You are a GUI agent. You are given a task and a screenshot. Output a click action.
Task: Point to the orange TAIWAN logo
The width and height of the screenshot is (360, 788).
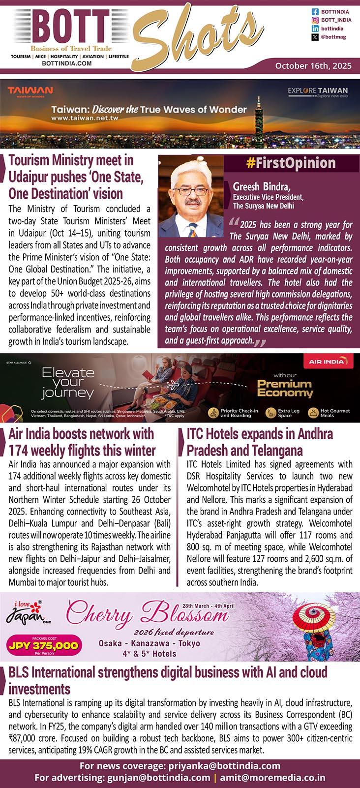(30, 91)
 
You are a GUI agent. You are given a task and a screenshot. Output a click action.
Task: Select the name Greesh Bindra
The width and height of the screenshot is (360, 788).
(262, 186)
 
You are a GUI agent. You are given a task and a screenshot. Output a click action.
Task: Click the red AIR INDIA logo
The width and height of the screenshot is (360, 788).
(326, 362)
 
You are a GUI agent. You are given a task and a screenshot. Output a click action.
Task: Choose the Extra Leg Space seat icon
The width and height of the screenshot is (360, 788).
(270, 413)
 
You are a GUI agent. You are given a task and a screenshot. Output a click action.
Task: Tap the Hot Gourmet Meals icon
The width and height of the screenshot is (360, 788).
(313, 413)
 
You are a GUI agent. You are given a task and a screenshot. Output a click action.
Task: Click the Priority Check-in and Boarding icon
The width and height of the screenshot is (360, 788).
(213, 413)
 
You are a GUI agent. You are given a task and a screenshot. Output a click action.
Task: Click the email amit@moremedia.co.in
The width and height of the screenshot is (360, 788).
(272, 778)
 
